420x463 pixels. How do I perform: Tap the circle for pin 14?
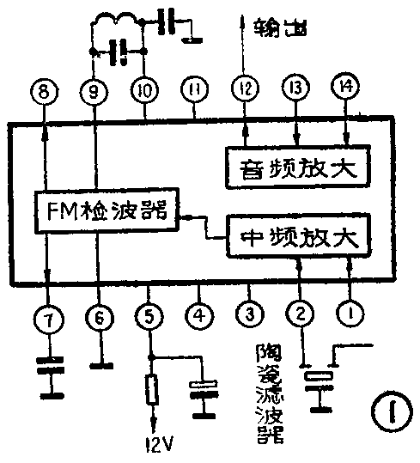345,88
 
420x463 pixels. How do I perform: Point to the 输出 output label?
283,31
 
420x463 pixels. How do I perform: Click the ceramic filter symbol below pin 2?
321,375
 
